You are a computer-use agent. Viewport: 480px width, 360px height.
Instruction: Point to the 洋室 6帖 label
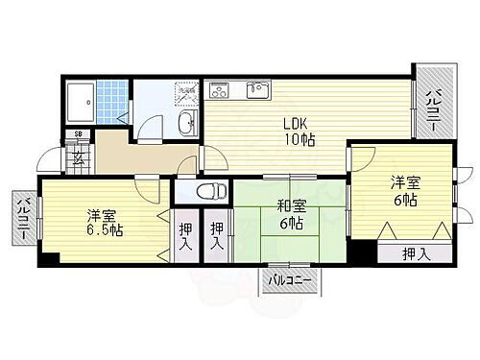[x=403, y=191]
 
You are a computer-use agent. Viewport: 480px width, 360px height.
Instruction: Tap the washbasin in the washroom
[x=187, y=122]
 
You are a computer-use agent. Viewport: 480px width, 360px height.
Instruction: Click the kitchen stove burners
[x=219, y=91]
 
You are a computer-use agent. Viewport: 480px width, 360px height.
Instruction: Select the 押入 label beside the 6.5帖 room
[x=185, y=238]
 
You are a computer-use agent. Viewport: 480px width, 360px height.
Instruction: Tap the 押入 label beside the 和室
[x=219, y=238]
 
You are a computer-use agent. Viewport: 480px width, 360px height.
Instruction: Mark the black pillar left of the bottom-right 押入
[x=360, y=252]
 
